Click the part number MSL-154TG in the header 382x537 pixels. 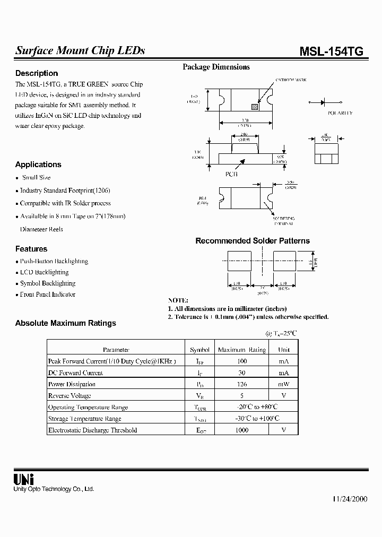(332, 51)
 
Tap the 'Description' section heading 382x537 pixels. (37, 73)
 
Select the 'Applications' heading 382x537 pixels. (38, 164)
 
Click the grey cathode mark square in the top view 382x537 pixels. (255, 107)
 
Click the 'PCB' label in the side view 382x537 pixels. (231, 174)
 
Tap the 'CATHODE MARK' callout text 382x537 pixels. (290, 80)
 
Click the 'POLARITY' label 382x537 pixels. (340, 113)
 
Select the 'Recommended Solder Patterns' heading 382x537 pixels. (253, 241)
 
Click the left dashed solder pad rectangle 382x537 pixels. (239, 262)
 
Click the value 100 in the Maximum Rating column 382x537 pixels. (242, 361)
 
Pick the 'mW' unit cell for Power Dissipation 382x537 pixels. (284, 384)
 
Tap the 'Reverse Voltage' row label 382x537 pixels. (70, 396)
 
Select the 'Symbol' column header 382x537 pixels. (199, 350)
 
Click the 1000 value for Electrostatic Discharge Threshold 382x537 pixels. (242, 430)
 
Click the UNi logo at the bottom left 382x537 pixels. (24, 479)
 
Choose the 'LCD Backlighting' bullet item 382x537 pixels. (44, 272)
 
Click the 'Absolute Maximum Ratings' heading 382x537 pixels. (65, 323)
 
